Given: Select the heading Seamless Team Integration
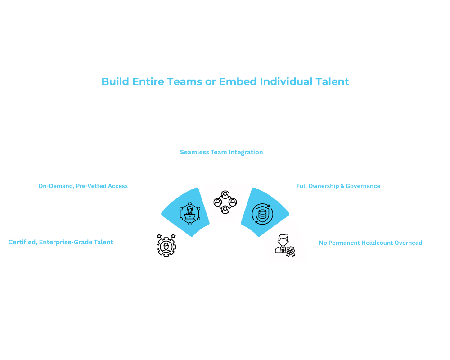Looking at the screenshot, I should [221, 152].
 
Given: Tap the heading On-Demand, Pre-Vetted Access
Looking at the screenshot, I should [83, 186].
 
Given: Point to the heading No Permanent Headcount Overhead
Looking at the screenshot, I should [370, 243].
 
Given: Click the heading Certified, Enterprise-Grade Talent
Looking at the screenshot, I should [61, 242].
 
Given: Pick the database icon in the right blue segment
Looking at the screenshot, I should [260, 212].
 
